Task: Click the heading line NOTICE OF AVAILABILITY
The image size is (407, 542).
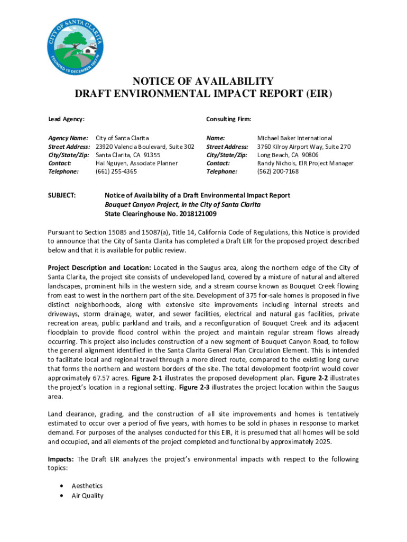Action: [203, 82]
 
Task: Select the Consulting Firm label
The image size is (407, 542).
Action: [228, 120]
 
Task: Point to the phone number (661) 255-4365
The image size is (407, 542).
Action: [116, 171]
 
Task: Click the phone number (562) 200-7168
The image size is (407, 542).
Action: [277, 171]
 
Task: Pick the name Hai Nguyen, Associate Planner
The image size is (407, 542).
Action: [136, 163]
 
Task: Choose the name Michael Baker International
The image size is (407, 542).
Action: [294, 138]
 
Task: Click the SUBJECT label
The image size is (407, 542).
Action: [62, 195]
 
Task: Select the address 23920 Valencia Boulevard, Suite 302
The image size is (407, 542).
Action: [145, 146]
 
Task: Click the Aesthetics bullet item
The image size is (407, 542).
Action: [87, 486]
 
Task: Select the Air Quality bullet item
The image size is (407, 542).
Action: [87, 496]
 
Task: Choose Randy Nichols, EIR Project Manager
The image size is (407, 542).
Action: [305, 163]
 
